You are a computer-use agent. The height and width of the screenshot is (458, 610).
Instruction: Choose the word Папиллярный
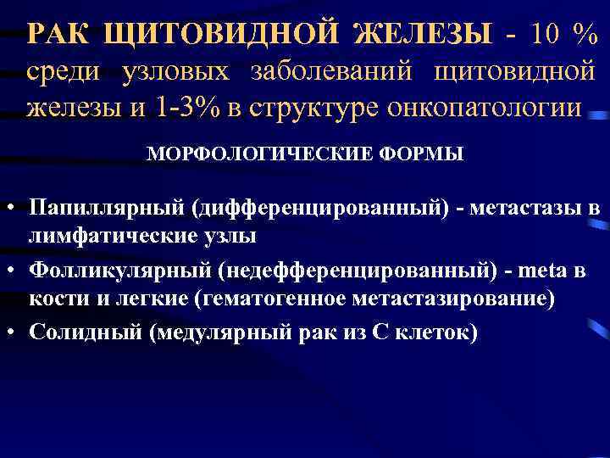pos(107,208)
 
